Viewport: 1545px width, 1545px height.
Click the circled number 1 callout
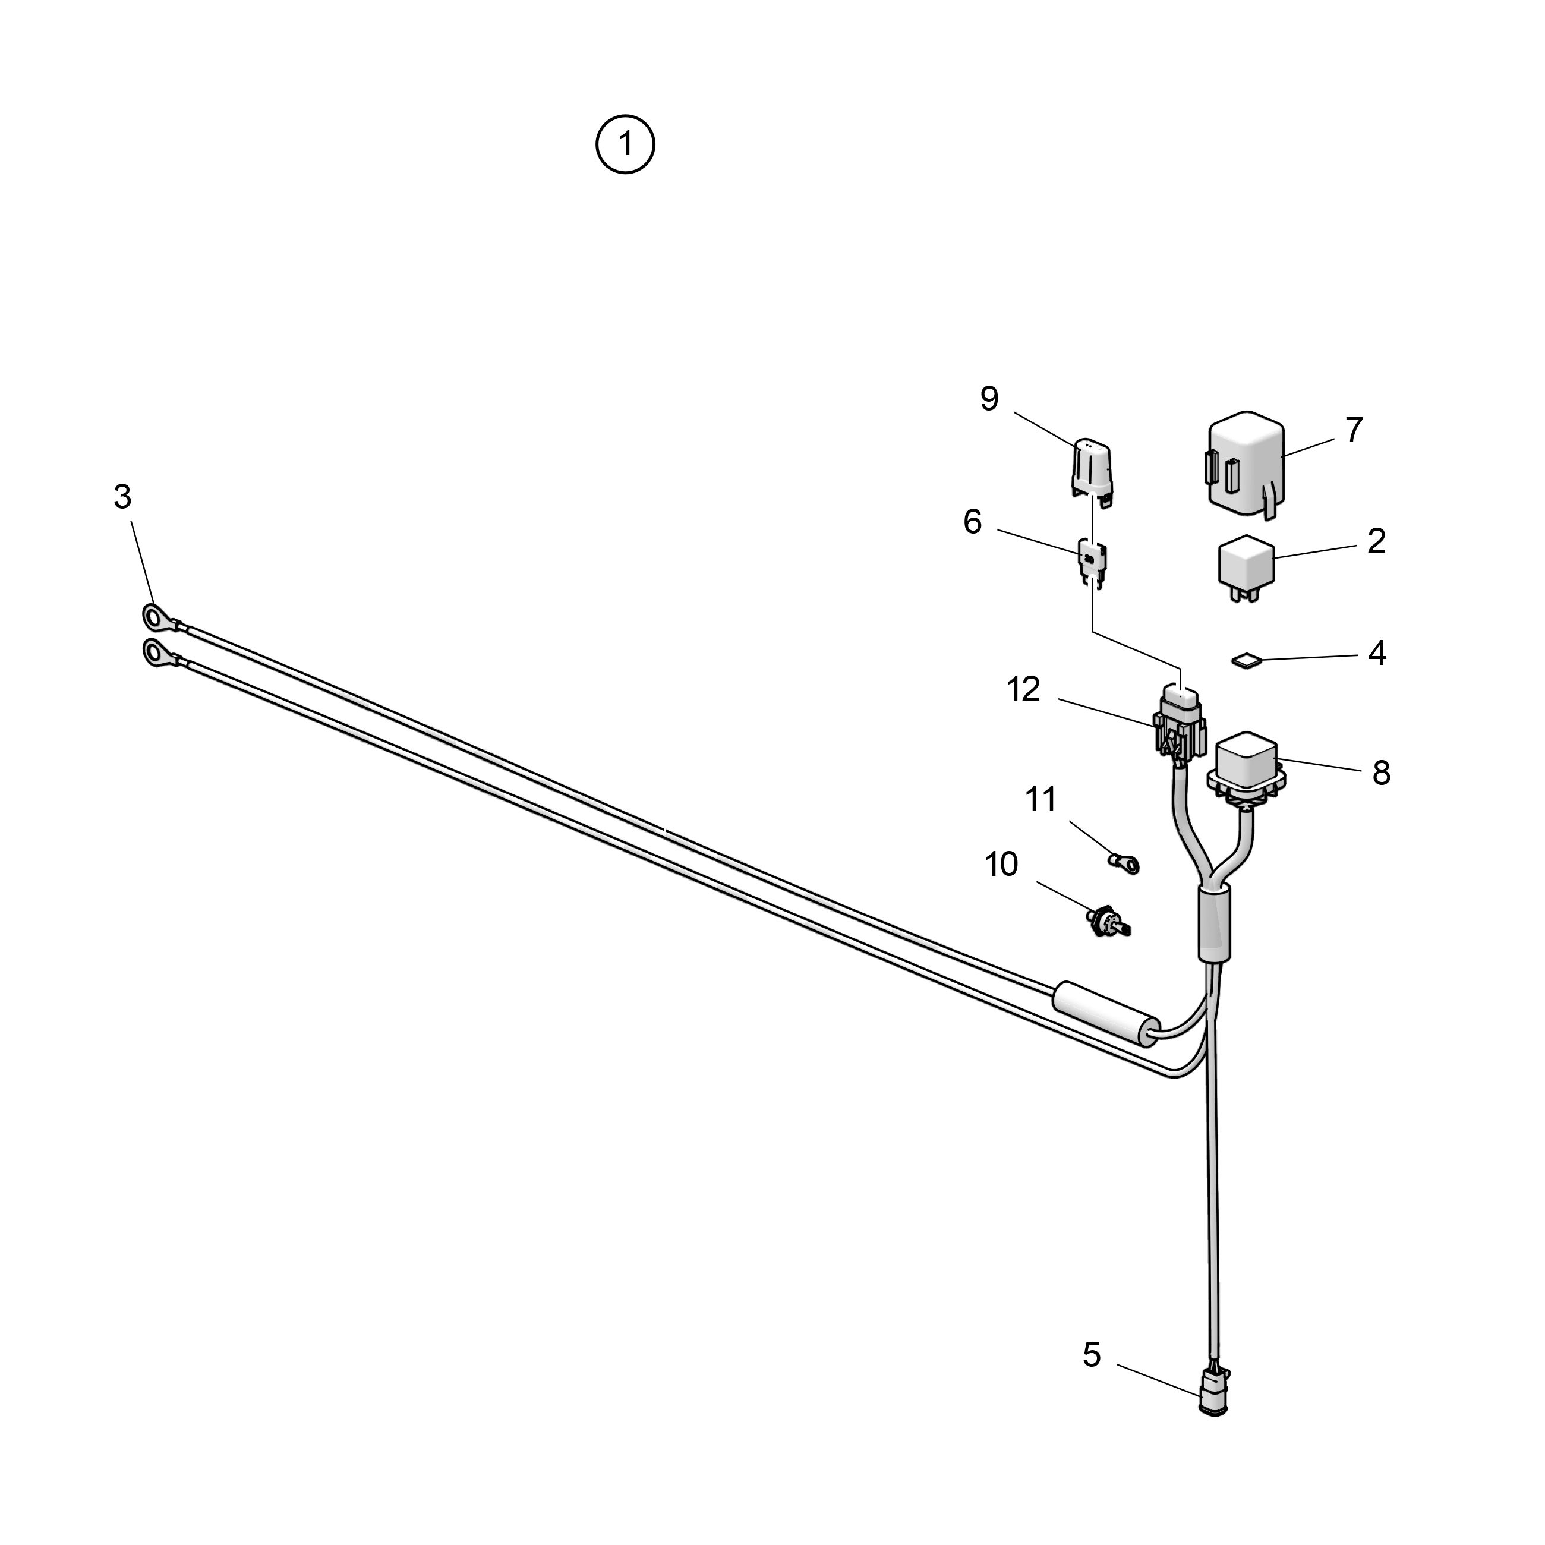[x=625, y=145]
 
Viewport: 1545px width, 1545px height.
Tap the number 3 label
[x=122, y=497]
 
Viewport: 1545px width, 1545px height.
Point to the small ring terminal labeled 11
[x=1124, y=863]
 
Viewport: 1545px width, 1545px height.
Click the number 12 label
[x=1024, y=689]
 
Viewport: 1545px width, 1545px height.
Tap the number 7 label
[x=1353, y=430]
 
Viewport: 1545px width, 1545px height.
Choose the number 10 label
[x=1001, y=865]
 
